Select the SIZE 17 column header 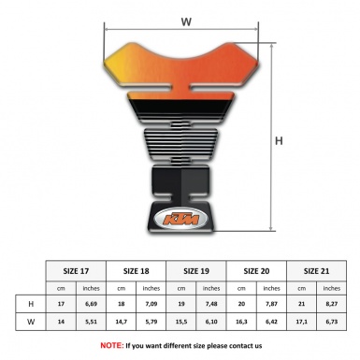[77, 270]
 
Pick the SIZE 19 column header [196, 270]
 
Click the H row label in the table [32, 304]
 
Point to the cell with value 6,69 [92, 304]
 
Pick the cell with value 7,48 [211, 304]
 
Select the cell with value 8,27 [331, 304]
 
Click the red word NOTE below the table [112, 345]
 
